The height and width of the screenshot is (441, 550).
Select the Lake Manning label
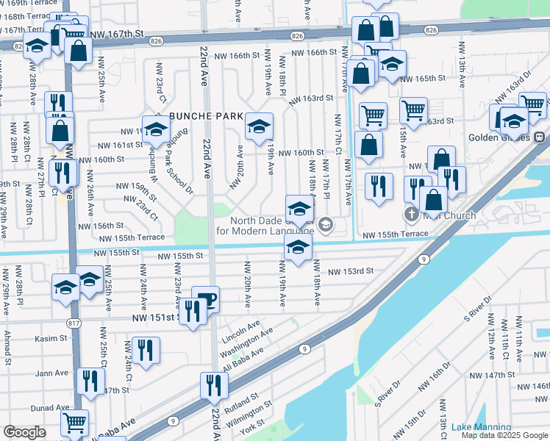(481, 427)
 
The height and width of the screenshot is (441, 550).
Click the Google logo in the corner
(24, 432)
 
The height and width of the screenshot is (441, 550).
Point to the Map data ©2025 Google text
(504, 436)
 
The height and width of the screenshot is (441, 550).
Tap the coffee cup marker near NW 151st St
(205, 299)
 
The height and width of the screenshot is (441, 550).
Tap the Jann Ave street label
(52, 373)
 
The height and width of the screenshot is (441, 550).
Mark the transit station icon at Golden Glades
(539, 137)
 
